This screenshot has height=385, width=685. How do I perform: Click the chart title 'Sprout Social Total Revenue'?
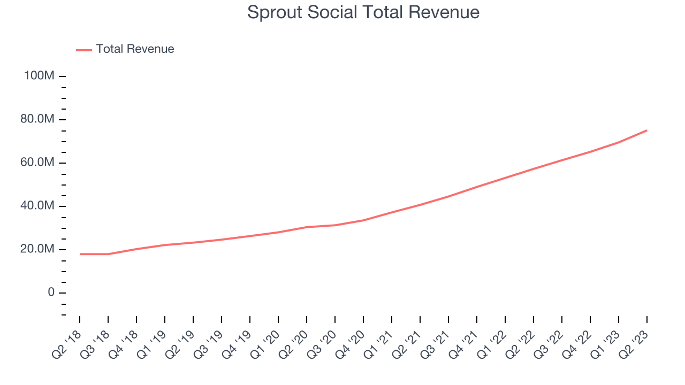(x=363, y=12)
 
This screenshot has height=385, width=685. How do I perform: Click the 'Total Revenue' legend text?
(x=135, y=49)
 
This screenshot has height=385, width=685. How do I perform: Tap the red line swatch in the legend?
(x=84, y=50)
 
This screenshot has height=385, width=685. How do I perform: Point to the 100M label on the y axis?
(x=39, y=76)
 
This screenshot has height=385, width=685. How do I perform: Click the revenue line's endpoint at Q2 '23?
(x=646, y=130)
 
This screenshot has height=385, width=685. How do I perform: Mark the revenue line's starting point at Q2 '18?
(x=80, y=254)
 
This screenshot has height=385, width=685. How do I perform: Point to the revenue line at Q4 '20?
(x=363, y=220)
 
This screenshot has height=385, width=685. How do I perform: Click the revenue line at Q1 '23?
(x=618, y=142)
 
